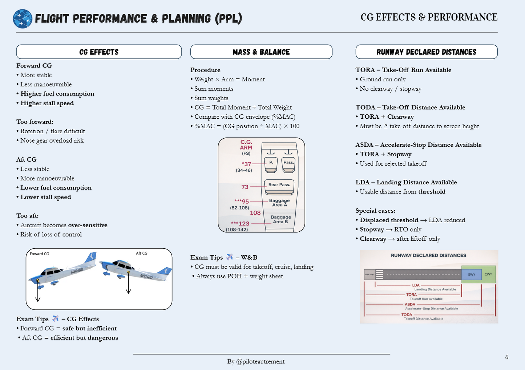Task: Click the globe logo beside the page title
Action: pos(22,19)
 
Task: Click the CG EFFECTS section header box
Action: pos(99,52)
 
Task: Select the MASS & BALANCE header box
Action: pos(261,52)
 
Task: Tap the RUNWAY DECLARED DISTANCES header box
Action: pos(426,52)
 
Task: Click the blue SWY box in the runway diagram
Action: pos(471,275)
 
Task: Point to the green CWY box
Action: pos(488,275)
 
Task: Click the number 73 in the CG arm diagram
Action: pos(245,187)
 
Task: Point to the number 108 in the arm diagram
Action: pos(255,213)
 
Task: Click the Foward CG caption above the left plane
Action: pos(39,254)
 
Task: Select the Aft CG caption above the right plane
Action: pos(141,253)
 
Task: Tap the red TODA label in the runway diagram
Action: pos(407,315)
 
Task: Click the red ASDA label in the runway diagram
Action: pos(410,305)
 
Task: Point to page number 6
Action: pos(506,357)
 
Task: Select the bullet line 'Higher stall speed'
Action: pos(47,103)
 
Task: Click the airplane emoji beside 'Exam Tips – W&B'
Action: pos(229,257)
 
